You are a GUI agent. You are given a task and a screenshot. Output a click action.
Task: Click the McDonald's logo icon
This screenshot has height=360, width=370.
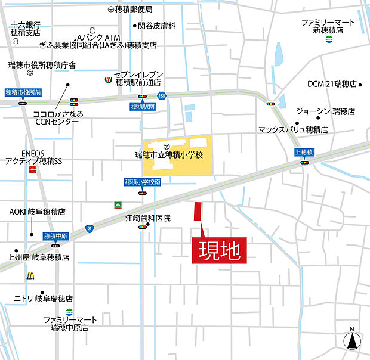tap(30, 275)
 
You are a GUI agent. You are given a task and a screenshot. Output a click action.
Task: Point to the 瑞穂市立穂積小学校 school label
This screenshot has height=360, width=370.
tap(169, 155)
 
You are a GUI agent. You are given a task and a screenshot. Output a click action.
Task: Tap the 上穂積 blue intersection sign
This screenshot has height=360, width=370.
tap(305, 152)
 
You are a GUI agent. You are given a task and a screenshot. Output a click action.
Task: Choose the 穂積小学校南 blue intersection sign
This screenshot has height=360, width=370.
tap(143, 182)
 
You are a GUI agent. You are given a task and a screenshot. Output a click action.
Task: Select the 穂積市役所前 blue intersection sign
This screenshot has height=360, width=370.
tap(23, 92)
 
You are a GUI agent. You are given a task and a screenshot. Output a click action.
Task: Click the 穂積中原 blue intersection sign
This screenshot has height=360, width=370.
tap(56, 236)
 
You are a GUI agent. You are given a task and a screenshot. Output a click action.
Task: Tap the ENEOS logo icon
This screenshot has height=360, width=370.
tap(32, 170)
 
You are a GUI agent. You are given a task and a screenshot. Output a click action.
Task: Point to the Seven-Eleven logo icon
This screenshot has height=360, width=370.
tap(107, 77)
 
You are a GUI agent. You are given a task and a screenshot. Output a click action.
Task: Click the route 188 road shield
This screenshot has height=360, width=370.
tap(161, 95)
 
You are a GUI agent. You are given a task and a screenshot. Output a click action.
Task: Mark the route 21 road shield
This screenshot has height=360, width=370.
tap(90, 228)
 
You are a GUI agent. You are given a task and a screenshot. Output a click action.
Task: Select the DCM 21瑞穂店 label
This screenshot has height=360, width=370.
tap(332, 84)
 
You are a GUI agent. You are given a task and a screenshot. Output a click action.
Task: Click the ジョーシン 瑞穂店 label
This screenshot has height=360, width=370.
tap(325, 111)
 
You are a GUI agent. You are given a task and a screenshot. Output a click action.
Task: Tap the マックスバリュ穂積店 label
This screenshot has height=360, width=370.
tap(293, 129)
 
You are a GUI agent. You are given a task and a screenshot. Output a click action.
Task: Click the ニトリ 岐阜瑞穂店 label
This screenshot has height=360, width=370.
tap(44, 298)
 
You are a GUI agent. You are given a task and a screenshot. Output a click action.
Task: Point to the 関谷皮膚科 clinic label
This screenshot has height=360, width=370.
tap(156, 26)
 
